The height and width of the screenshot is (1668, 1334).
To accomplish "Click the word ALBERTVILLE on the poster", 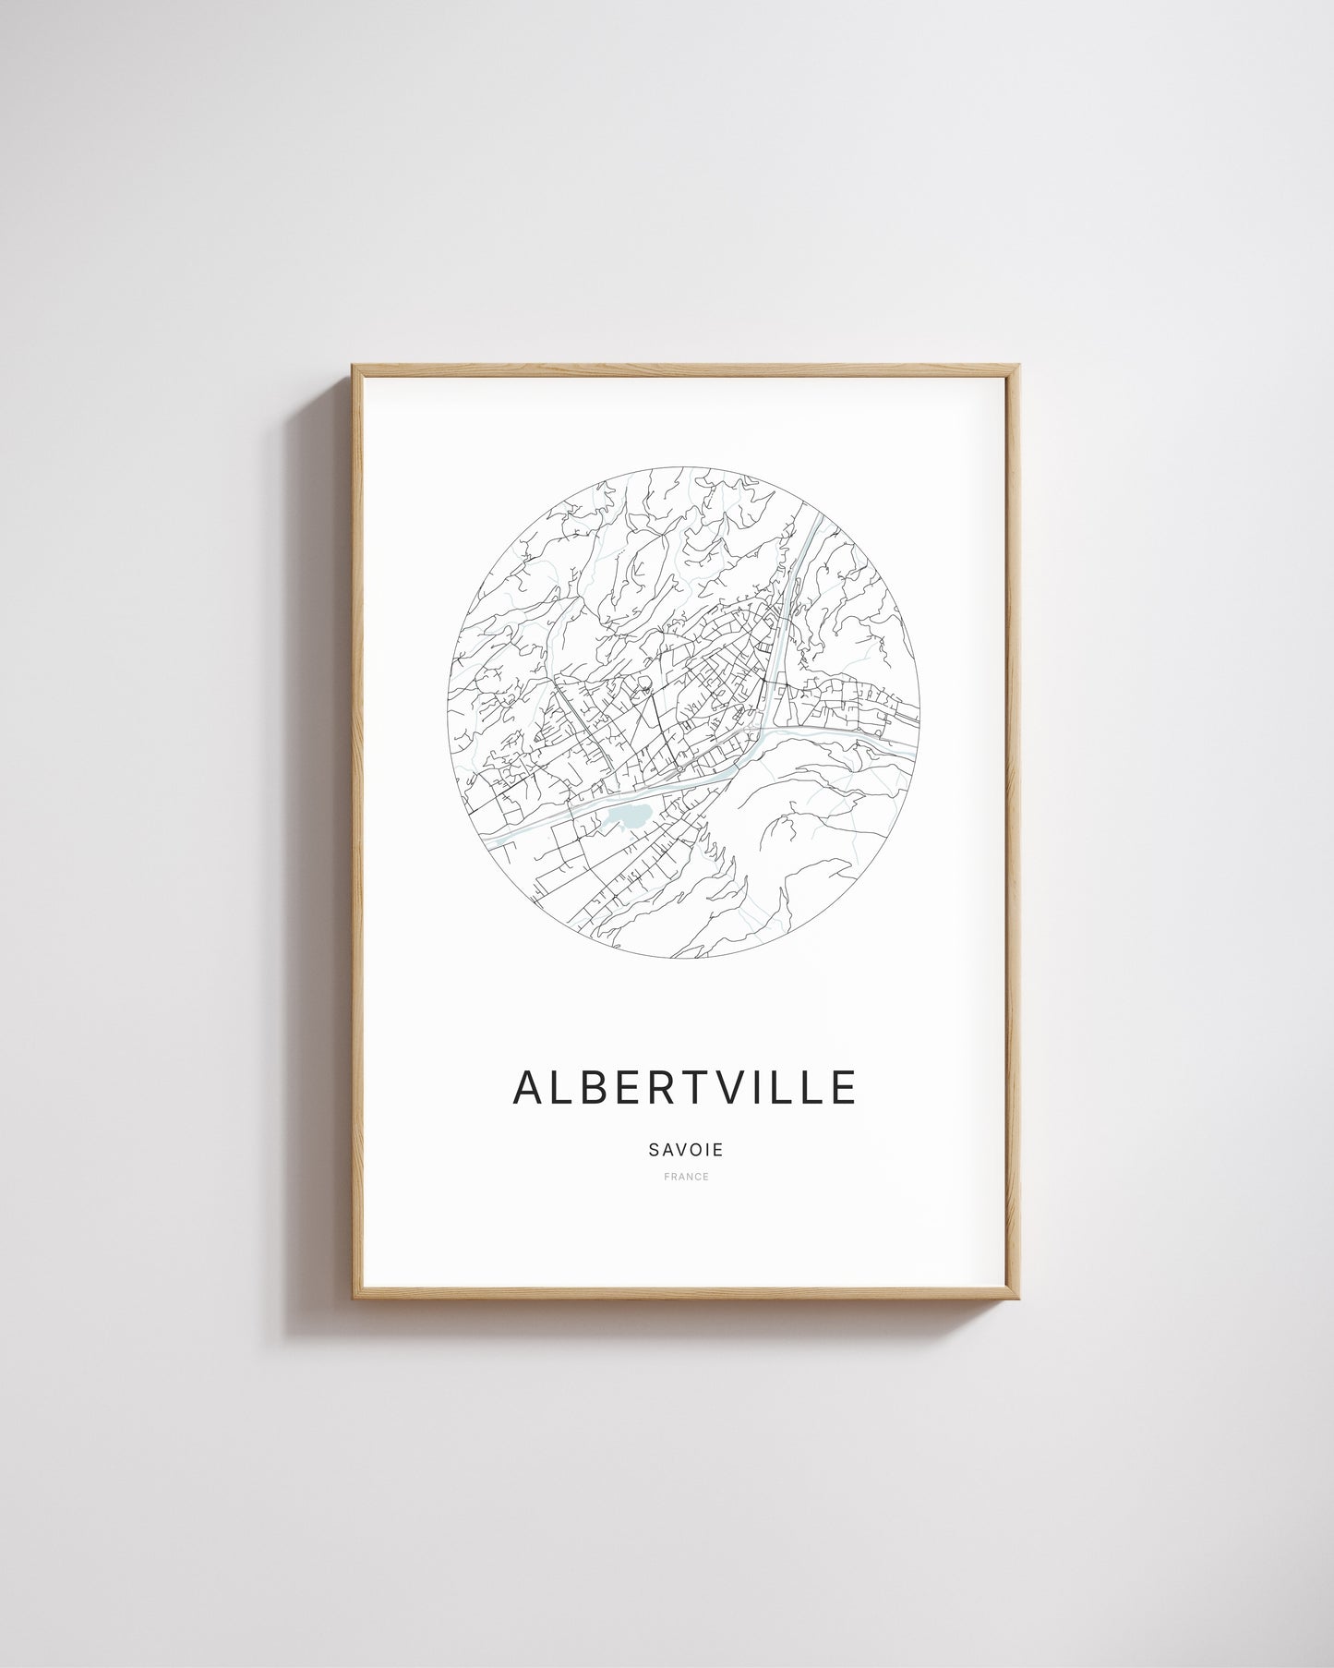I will pos(685,1087).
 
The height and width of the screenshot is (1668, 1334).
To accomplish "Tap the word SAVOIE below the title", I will pos(685,1151).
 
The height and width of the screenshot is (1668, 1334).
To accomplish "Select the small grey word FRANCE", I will pos(686,1177).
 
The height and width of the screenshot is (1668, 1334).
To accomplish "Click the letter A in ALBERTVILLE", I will pos(529,1087).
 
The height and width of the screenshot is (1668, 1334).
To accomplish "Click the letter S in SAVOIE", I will pos(654,1151).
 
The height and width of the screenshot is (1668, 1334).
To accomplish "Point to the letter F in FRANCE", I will pos(666,1177).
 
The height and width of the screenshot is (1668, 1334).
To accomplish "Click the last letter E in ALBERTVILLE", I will pos(844,1087).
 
